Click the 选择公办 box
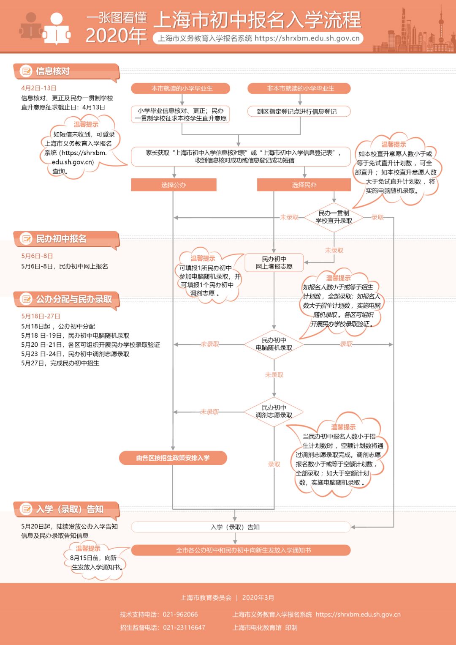click(x=174, y=185)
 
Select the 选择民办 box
click(x=304, y=185)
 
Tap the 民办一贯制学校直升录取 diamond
click(x=334, y=217)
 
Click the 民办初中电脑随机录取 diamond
click(x=274, y=344)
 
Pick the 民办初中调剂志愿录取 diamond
click(x=274, y=412)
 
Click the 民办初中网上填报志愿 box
click(x=274, y=262)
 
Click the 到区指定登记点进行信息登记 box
click(x=299, y=112)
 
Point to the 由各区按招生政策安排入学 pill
click(x=173, y=458)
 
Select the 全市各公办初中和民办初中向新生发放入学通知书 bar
click(x=241, y=550)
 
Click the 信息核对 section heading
click(x=53, y=71)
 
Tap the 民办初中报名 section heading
click(x=61, y=239)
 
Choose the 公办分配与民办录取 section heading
click(x=74, y=299)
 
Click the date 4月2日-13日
click(x=39, y=88)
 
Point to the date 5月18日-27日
click(x=41, y=316)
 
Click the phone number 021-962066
click(x=180, y=615)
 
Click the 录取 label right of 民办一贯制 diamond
click(x=377, y=217)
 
